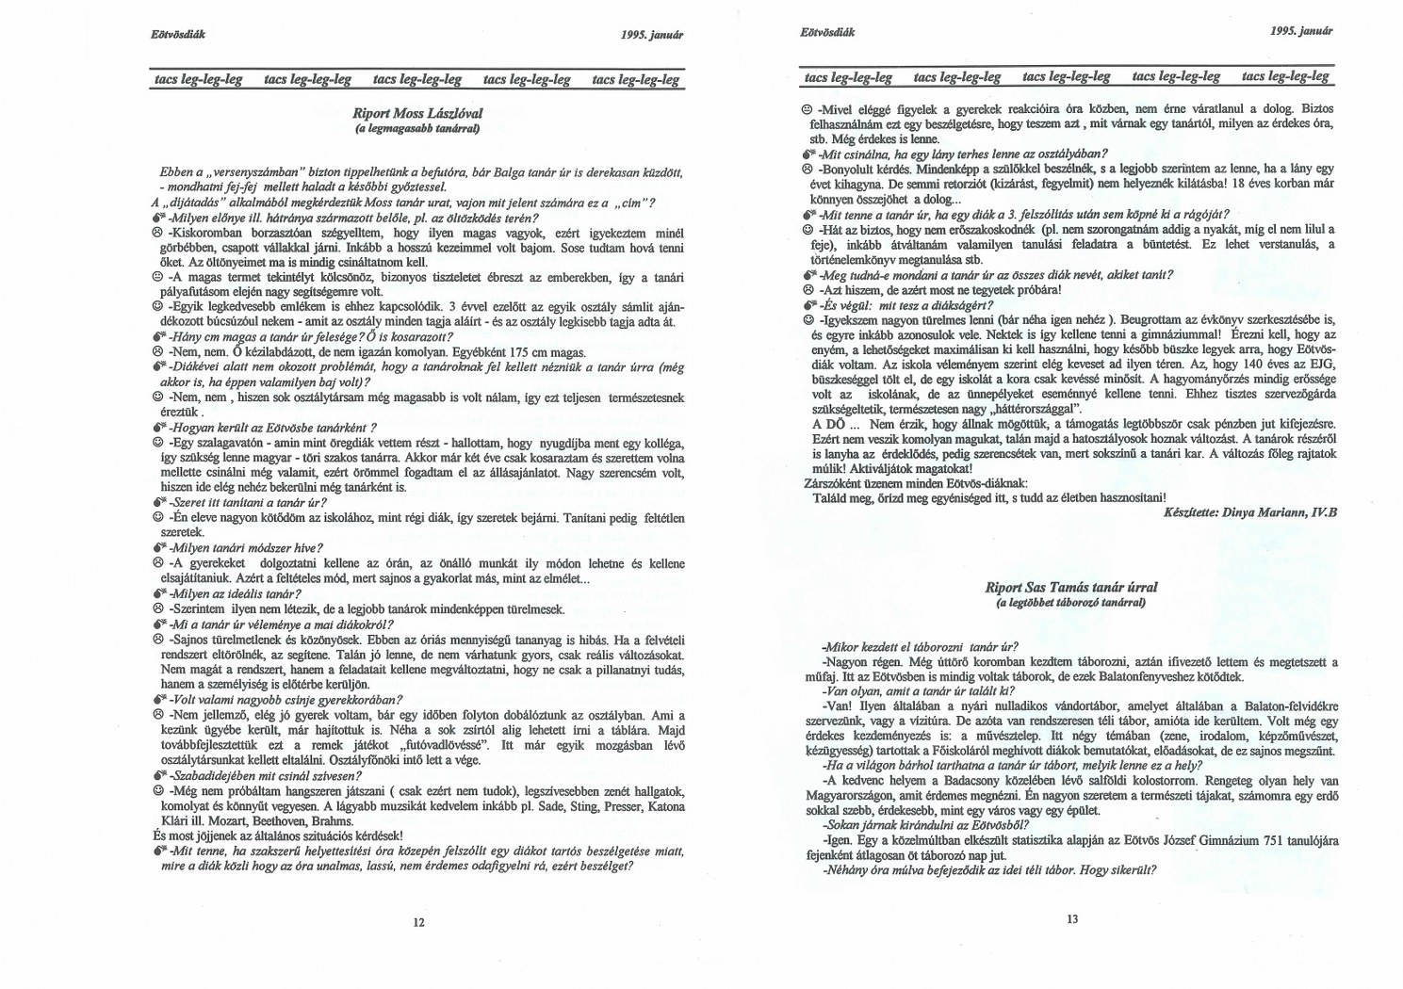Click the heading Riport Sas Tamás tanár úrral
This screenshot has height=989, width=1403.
[1070, 587]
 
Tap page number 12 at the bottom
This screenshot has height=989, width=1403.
[419, 922]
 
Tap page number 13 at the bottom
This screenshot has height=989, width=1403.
[1071, 918]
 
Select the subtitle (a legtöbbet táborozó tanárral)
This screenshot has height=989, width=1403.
[1069, 602]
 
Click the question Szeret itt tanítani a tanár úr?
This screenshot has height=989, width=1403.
[248, 502]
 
